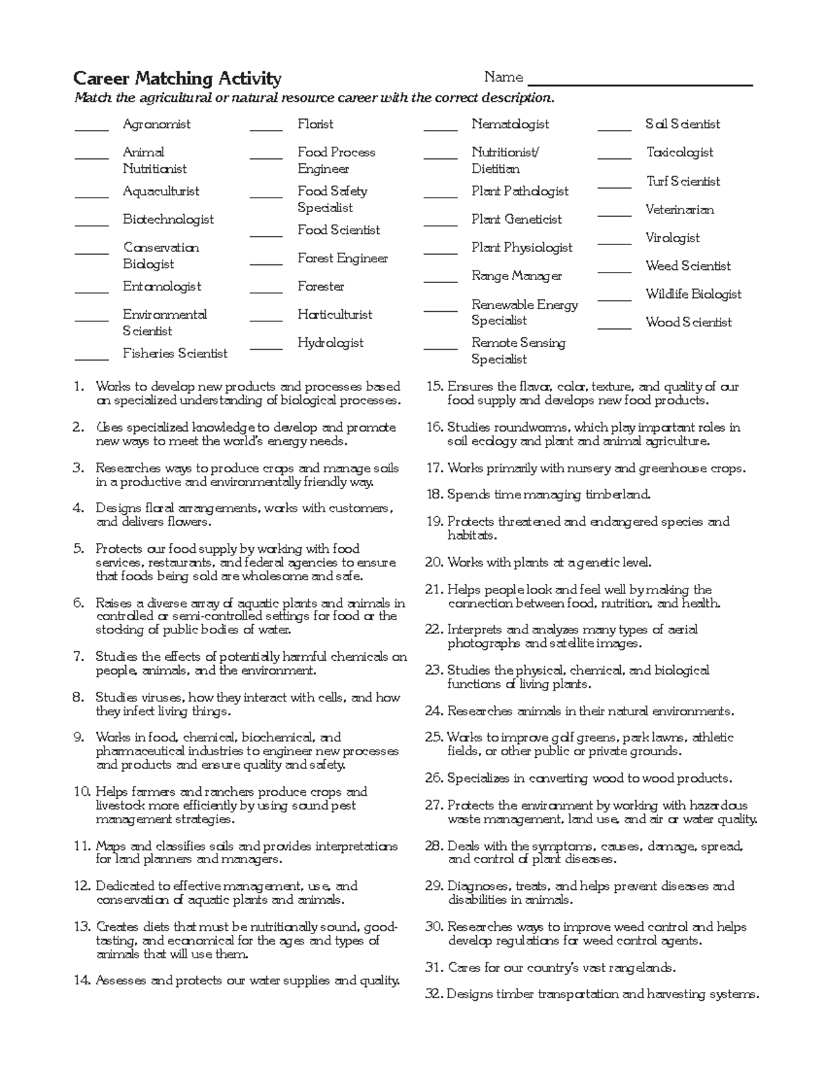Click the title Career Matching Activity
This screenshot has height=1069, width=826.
[x=177, y=78]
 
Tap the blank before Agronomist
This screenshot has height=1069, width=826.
[x=92, y=129]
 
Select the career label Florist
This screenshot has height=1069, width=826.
[x=315, y=125]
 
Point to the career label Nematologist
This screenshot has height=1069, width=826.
[x=510, y=125]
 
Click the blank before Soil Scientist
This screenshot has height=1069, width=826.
[x=614, y=129]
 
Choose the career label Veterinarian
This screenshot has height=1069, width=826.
[x=679, y=209]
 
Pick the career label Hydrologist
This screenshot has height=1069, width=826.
[x=330, y=343]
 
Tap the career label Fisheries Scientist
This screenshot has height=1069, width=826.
[x=175, y=353]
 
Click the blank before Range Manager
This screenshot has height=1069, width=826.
[x=441, y=281]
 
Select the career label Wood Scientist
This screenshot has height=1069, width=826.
[x=688, y=322]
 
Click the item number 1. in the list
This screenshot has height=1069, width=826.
[x=78, y=387]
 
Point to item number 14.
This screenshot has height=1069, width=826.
[x=81, y=981]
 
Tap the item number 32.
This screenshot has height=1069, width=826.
[x=434, y=995]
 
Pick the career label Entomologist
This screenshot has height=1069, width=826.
[x=162, y=286]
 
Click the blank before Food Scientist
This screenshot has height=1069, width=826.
[x=266, y=235]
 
